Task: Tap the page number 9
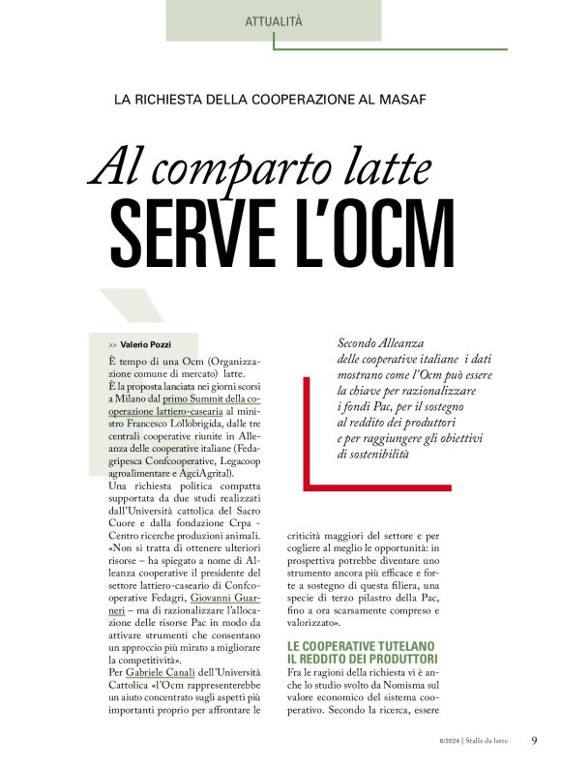coord(534,741)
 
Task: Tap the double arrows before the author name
coord(113,345)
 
